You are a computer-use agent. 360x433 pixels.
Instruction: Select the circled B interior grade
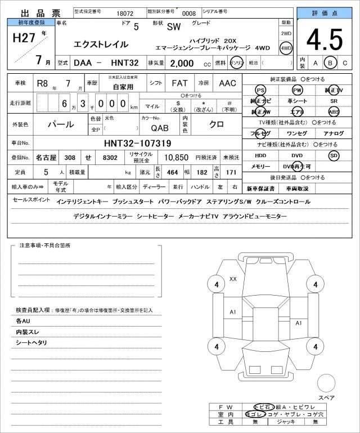coord(331,63)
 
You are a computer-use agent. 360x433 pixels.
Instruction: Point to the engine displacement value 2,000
coord(174,64)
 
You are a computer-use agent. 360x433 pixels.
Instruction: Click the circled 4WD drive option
coord(286,48)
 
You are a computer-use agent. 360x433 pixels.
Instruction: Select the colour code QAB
coord(159,128)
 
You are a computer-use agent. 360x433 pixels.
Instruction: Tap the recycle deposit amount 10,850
coord(176,158)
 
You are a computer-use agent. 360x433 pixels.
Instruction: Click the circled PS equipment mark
coord(260,90)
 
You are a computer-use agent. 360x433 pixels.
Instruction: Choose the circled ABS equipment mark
coord(334,111)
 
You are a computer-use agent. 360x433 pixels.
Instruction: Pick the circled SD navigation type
coord(334,155)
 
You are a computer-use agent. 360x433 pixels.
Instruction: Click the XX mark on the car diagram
coord(233,279)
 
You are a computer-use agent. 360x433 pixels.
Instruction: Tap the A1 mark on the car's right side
coord(299,323)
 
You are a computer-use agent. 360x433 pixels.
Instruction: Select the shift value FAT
coord(180,83)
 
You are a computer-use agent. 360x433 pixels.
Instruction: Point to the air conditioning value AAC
coord(227,83)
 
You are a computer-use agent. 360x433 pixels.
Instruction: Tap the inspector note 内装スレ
coord(27,332)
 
